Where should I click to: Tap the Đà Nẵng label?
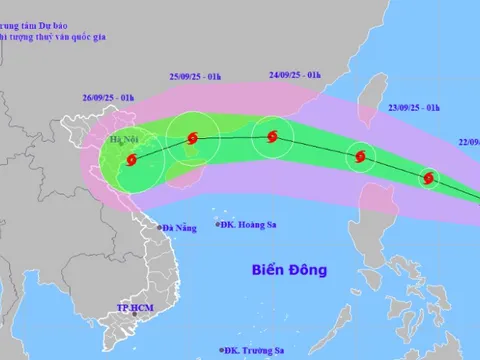[x=179, y=228]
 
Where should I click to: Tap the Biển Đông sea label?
[x=290, y=270]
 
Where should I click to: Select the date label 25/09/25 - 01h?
[x=196, y=77]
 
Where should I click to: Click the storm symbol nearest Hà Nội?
[x=131, y=159]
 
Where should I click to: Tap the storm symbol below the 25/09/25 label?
[x=191, y=141]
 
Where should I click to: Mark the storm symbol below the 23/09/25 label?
[x=359, y=155]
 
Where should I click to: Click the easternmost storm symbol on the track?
[x=429, y=179]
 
